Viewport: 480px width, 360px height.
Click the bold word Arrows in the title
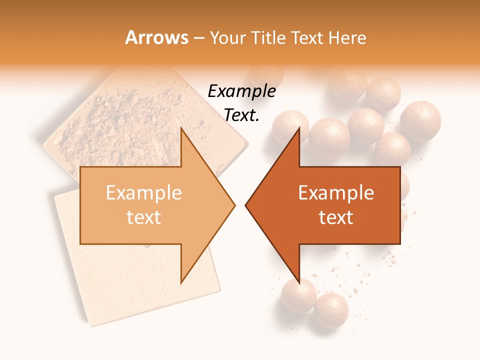157,37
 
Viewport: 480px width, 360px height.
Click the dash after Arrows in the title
198,38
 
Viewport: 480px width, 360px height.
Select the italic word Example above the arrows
241,91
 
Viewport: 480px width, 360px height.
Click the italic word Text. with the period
241,115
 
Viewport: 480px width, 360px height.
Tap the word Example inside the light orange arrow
144,193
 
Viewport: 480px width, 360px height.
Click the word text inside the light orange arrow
144,217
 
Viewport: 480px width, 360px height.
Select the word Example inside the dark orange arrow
336,193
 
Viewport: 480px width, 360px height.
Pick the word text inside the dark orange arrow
336,217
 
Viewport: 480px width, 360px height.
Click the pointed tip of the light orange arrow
234,205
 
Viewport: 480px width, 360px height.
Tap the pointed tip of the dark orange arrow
246,205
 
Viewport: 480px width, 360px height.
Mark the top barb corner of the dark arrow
299,129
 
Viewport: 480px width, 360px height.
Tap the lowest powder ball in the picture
330,310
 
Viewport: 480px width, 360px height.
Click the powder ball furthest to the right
420,120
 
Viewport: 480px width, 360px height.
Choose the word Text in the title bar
306,38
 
